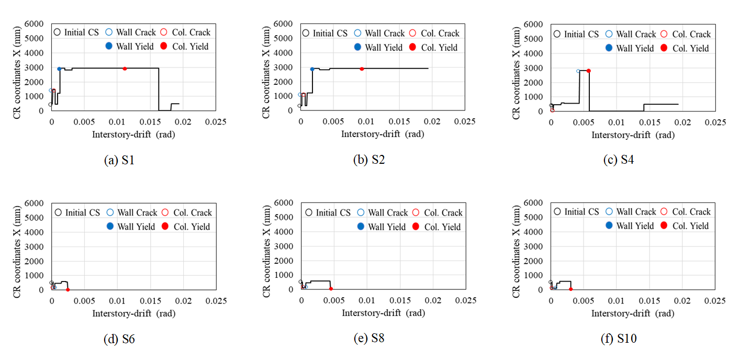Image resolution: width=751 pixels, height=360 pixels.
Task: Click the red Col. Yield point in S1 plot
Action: pyautogui.click(x=125, y=69)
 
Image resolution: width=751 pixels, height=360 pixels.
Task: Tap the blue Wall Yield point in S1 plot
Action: pyautogui.click(x=59, y=69)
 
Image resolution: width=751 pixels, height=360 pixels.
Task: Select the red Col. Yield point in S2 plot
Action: pyautogui.click(x=362, y=69)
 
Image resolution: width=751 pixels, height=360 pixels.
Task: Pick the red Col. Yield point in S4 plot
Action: pyautogui.click(x=589, y=71)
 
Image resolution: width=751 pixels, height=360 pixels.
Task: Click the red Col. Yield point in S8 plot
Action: pyautogui.click(x=331, y=288)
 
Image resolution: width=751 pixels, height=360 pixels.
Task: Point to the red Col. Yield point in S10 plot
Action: pyautogui.click(x=571, y=289)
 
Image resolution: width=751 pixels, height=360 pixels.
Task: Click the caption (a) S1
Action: pyautogui.click(x=120, y=161)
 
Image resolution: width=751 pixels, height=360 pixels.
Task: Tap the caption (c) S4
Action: pyautogui.click(x=619, y=161)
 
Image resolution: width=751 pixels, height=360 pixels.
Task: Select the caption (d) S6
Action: pyautogui.click(x=120, y=339)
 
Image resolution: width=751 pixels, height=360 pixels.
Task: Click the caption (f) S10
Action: pyautogui.click(x=619, y=339)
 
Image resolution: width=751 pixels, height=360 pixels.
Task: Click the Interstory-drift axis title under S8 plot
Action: pyautogui.click(x=383, y=313)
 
